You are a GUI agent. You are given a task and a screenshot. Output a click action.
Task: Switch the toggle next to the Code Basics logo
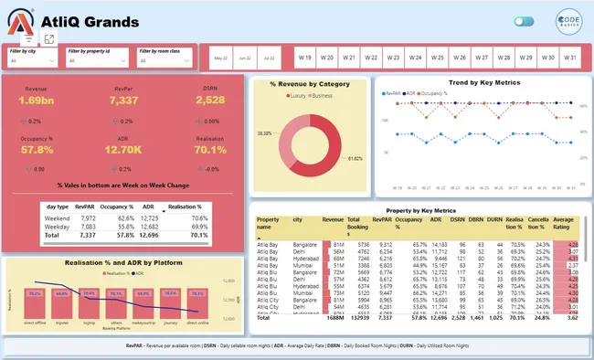coord(524,21)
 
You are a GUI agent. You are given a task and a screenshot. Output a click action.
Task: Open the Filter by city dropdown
coord(32,60)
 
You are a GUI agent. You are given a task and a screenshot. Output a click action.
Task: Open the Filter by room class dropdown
coord(164,60)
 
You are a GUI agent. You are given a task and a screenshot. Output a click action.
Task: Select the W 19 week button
coord(303,57)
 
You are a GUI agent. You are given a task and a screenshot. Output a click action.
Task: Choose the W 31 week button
coord(568,57)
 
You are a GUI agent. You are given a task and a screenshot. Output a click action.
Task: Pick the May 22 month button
coord(221,58)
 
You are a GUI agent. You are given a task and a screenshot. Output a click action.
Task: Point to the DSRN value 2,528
coord(209,100)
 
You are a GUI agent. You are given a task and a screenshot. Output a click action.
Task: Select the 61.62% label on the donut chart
coord(355,158)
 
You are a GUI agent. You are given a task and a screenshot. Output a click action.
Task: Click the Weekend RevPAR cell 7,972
coord(88,218)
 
